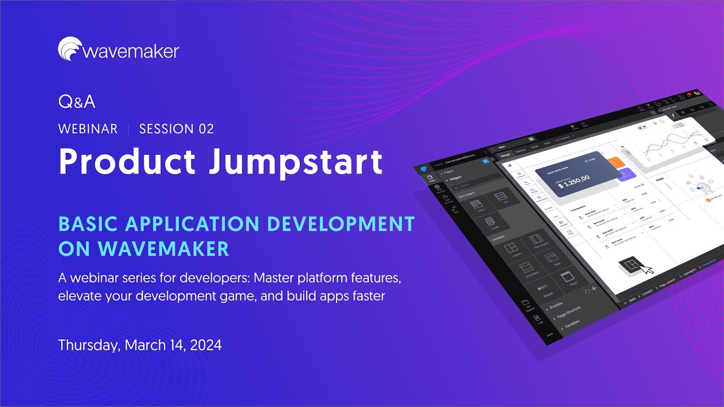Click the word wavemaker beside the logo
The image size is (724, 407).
tap(131, 52)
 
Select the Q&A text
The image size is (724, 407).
tap(76, 102)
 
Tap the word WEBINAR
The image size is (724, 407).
tap(88, 129)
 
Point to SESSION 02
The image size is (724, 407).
tap(176, 129)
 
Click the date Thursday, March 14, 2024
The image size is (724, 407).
tap(140, 345)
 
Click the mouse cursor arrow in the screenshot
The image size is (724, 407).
tap(647, 269)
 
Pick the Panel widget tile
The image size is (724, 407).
tap(568, 280)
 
